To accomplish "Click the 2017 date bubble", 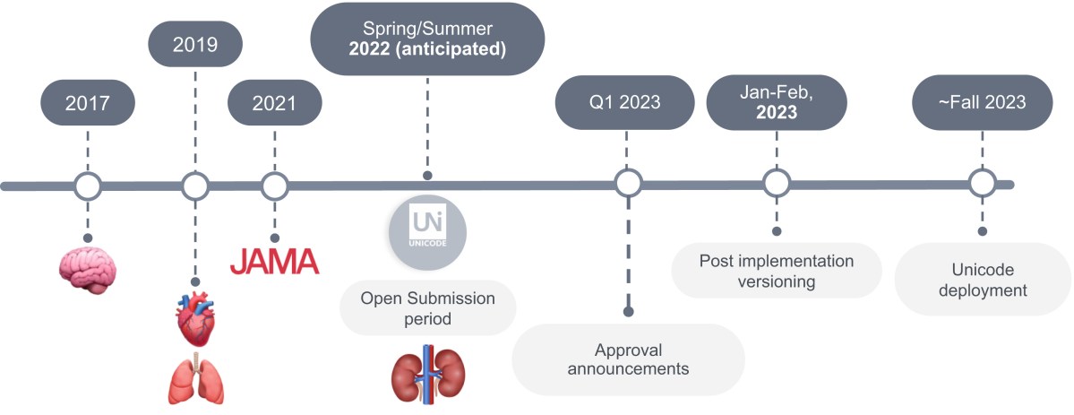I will (x=88, y=103).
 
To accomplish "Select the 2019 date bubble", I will (x=195, y=44).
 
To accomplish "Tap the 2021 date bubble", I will (x=274, y=103).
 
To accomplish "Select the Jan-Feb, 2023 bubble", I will (x=776, y=102).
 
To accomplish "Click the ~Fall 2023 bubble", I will (x=982, y=102).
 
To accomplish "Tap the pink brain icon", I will (x=88, y=266).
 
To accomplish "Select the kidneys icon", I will (x=427, y=374).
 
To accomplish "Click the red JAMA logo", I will (x=274, y=261).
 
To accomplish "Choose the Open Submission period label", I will (x=427, y=308).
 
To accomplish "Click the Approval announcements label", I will (x=627, y=359).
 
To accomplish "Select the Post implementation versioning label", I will (x=776, y=271).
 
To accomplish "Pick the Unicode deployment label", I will (x=982, y=280).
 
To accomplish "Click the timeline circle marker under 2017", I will (x=88, y=186).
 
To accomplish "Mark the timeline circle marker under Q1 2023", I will (x=628, y=184).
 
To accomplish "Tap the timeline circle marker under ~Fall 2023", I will (x=982, y=185).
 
